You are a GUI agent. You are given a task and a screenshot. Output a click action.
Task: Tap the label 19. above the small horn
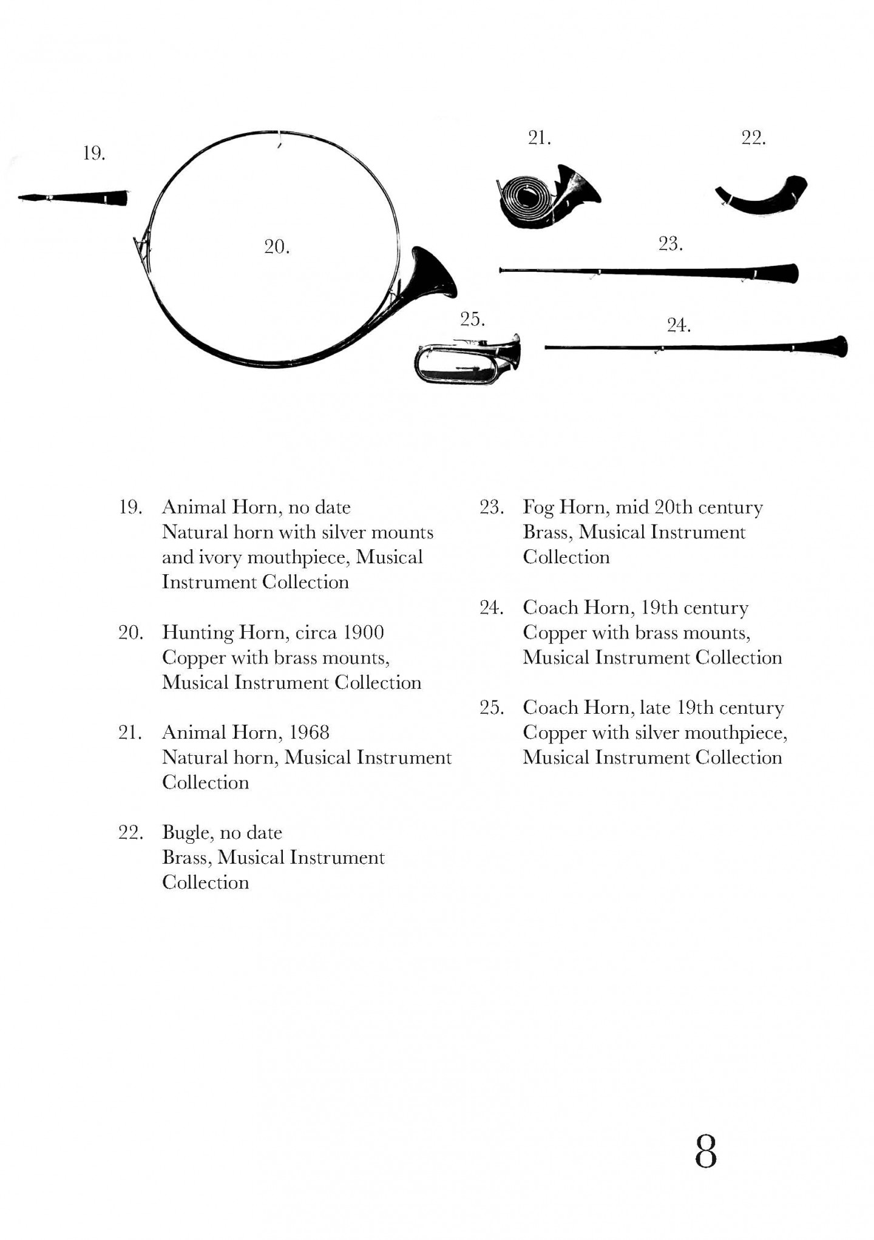(x=94, y=154)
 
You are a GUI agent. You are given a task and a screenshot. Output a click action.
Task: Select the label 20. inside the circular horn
(x=277, y=246)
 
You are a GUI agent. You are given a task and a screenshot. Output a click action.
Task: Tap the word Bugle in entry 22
(x=187, y=833)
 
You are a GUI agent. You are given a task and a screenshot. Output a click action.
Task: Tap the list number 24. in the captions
(x=491, y=608)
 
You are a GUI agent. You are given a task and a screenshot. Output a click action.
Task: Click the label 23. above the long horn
(x=671, y=244)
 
